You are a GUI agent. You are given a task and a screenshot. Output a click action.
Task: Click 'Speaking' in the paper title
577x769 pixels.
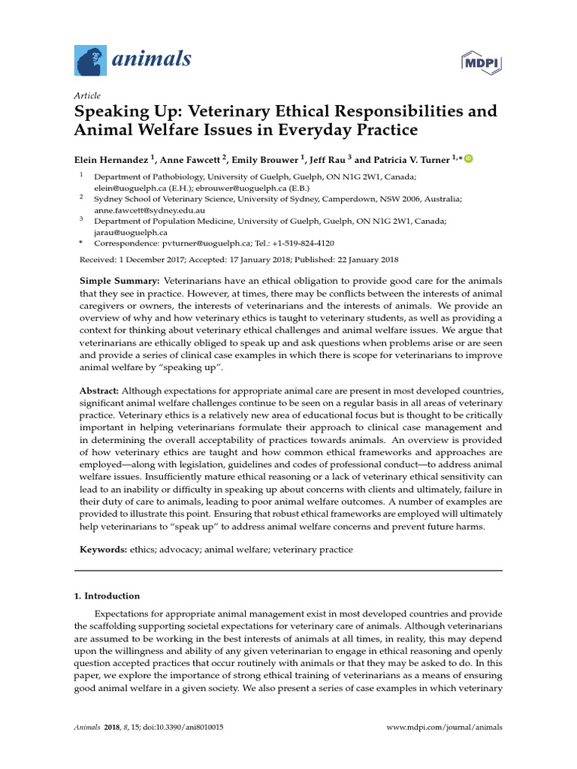107,112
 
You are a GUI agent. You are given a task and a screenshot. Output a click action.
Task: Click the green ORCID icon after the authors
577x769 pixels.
469,158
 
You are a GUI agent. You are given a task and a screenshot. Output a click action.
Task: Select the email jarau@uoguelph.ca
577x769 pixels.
125,232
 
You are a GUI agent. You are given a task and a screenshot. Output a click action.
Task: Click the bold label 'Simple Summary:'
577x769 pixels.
119,280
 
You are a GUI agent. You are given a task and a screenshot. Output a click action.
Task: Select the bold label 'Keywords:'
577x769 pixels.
103,550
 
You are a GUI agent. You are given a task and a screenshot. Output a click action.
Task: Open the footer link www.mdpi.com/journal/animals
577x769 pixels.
444,728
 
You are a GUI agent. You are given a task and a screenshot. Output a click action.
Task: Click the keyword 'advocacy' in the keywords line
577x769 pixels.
177,550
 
